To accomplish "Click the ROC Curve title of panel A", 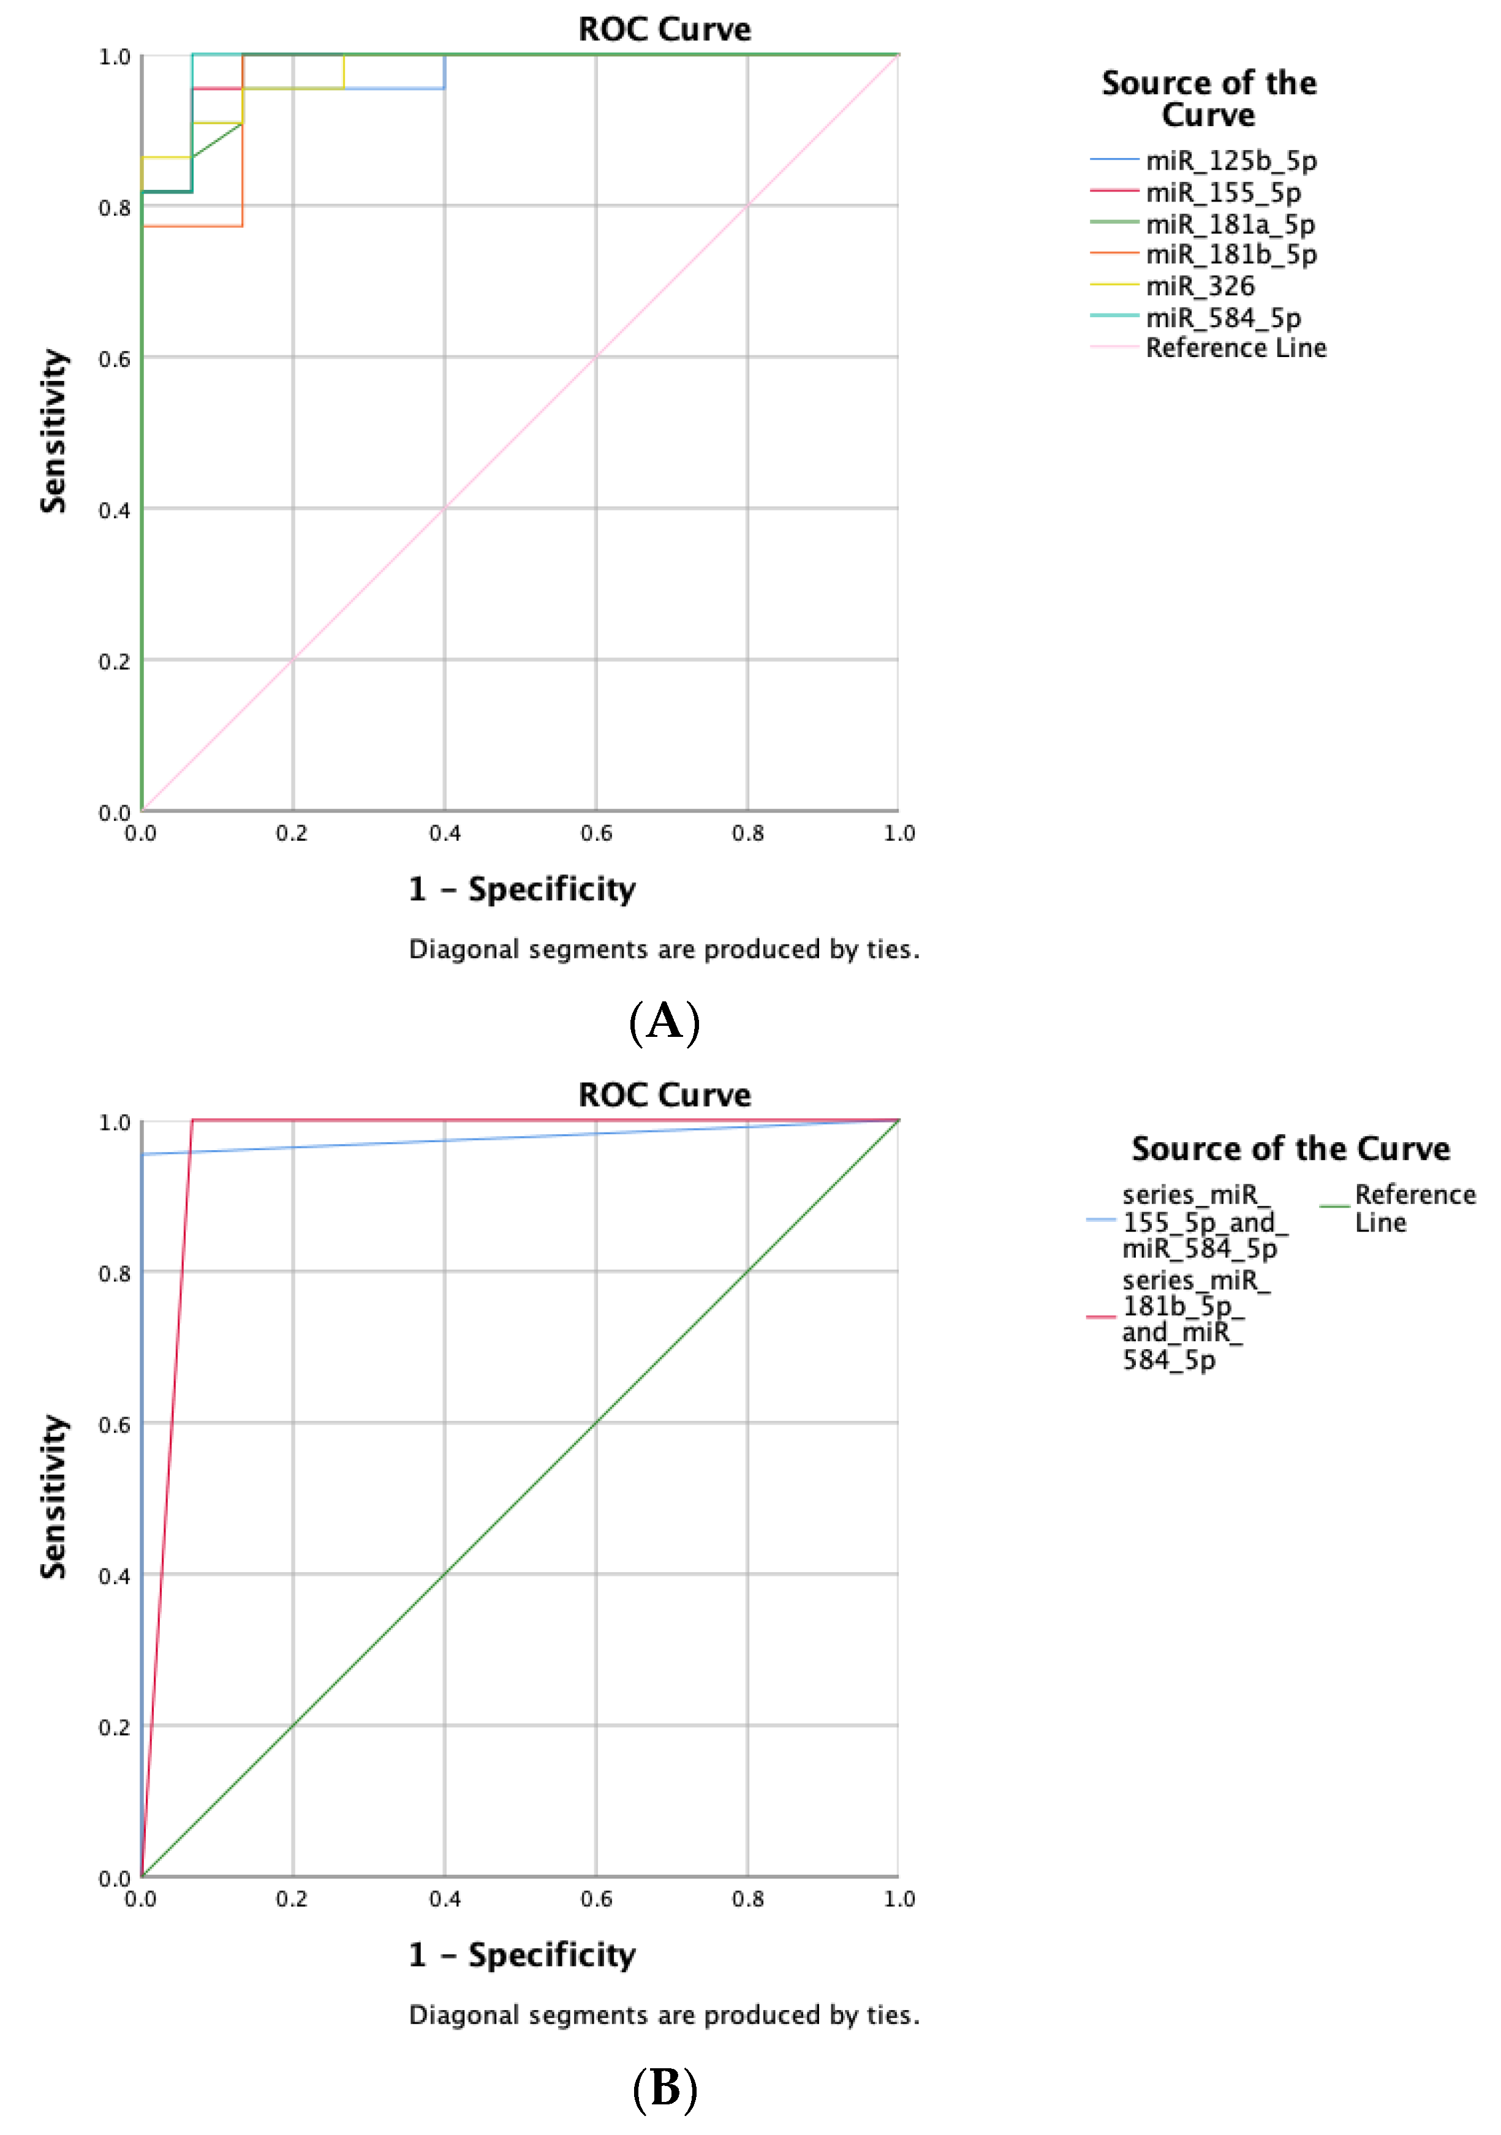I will click(664, 29).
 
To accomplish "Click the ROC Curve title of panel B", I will click(664, 1094).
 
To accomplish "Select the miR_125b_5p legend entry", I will click(1230, 161).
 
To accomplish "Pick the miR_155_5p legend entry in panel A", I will click(1223, 192).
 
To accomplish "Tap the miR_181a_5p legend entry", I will click(1230, 224).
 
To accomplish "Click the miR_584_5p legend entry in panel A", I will click(1223, 317).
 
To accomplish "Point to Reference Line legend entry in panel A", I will click(1235, 348).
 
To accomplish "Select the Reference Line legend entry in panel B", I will click(1413, 1208).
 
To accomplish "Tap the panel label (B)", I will click(664, 2088).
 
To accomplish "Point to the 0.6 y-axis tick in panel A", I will click(115, 359).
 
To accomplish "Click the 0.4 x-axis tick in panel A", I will click(445, 833).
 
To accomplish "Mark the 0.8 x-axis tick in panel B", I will click(747, 1899).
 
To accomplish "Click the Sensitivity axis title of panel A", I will click(54, 431).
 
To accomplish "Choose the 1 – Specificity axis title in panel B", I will click(522, 1954).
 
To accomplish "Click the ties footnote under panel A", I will click(664, 949).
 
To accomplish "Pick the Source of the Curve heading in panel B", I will click(1290, 1148).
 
